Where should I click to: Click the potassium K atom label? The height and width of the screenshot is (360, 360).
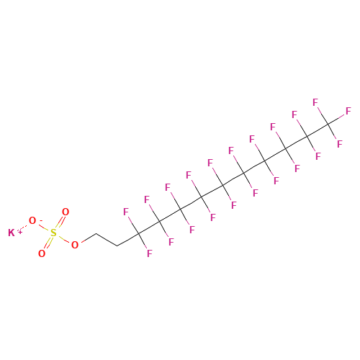click(12, 233)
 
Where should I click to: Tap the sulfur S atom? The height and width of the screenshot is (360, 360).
click(53, 233)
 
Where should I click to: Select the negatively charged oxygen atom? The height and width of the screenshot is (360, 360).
click(32, 220)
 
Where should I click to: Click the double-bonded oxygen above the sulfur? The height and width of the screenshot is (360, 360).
click(66, 212)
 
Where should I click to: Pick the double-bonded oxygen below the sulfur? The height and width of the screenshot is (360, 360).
click(42, 253)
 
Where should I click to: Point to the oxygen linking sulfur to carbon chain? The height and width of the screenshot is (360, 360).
click(75, 245)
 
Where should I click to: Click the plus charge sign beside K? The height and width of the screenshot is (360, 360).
click(20, 232)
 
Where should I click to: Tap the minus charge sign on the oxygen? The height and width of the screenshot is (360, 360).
click(41, 220)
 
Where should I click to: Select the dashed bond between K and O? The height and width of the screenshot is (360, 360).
click(22, 227)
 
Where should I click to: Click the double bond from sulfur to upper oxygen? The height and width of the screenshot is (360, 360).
click(60, 222)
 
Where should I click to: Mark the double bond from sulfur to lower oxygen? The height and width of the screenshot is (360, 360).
click(48, 243)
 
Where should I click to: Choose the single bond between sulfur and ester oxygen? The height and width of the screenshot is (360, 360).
click(64, 239)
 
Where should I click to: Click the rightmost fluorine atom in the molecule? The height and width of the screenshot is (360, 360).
click(348, 111)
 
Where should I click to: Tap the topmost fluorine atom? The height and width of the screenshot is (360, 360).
click(315, 102)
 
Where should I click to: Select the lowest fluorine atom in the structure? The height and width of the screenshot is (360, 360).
click(150, 253)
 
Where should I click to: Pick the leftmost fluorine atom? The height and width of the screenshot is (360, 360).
click(126, 212)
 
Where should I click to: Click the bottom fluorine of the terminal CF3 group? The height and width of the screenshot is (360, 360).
click(339, 144)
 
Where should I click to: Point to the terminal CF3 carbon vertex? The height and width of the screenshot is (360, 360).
click(328, 124)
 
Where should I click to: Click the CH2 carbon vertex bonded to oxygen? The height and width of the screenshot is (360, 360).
click(96, 233)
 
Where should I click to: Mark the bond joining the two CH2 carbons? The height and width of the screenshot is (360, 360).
click(107, 240)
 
